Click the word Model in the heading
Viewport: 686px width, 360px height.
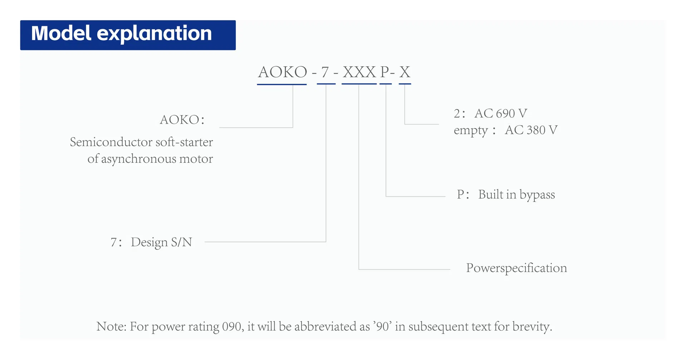coord(61,33)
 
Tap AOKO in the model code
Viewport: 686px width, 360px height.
coord(283,72)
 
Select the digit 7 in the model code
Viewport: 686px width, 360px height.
coord(325,72)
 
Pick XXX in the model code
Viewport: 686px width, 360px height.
coord(359,72)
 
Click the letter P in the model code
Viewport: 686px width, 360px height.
coord(384,72)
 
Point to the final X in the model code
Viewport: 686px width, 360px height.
coord(405,72)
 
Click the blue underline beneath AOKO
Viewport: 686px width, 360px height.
coord(282,84)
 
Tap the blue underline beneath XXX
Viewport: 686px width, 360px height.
coord(359,84)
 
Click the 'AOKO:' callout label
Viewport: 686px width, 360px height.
coord(182,120)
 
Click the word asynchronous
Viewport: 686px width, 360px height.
coord(138,159)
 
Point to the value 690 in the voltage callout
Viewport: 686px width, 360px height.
coord(505,113)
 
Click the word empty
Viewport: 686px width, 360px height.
coord(471,131)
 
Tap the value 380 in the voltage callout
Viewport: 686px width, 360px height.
coord(536,130)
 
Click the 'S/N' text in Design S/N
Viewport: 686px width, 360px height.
coord(182,242)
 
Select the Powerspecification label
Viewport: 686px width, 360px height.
coord(516,268)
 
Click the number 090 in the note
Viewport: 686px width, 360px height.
coord(233,326)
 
